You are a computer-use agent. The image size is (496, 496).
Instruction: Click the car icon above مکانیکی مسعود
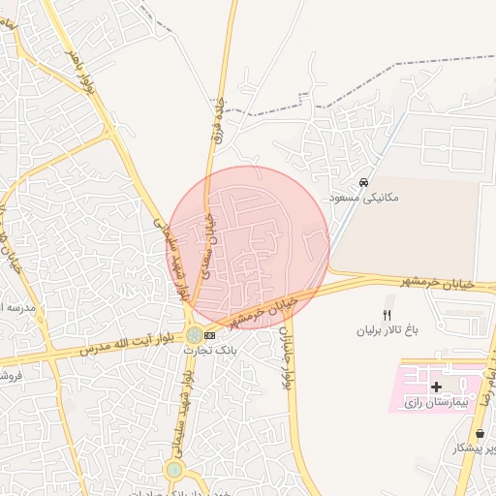pos(363,182)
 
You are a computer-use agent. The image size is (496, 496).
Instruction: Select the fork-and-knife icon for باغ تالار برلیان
pos(387,315)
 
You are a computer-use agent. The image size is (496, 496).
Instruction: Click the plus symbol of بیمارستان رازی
pos(436,387)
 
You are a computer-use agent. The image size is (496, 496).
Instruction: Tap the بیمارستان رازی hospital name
pos(434,401)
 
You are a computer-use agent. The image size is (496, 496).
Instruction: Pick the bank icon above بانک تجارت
pos(211,335)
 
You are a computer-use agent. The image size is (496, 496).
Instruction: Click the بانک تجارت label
pos(211,349)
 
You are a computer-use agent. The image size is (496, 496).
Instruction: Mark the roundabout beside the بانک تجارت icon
pos(195,335)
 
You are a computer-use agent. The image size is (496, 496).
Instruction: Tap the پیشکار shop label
pos(474,448)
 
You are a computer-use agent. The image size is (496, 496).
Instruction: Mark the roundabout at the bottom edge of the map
pos(173,471)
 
